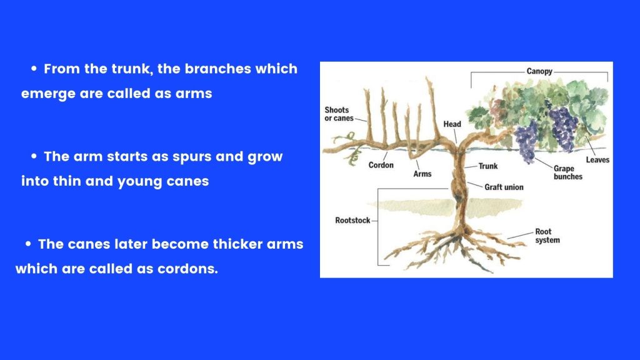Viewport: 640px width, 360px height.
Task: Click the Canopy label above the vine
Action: pos(539,71)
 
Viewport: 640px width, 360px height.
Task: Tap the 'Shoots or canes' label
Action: pos(339,114)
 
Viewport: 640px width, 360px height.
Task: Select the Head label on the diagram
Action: pos(452,124)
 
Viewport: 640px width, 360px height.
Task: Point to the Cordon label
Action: pos(381,165)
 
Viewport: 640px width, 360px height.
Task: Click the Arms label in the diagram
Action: pos(422,174)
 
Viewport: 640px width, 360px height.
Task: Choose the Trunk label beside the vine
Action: pos(487,166)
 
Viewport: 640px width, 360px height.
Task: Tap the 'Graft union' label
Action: pos(504,187)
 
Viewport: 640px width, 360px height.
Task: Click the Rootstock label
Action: pos(352,221)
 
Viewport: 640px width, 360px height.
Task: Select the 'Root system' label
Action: pos(547,236)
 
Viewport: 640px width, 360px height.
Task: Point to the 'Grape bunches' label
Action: pos(567,172)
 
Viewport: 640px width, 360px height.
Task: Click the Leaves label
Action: pos(597,160)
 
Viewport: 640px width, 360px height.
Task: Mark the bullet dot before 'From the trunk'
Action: pos(34,69)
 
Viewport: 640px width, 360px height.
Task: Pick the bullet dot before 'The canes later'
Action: pos(28,244)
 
